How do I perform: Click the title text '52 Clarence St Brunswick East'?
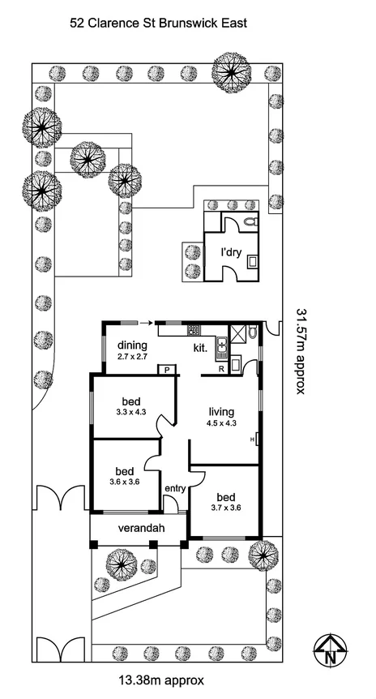point(158,24)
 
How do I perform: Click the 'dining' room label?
point(130,344)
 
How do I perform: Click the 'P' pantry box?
point(167,370)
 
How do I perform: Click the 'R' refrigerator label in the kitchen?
point(221,370)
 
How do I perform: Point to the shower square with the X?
point(238,332)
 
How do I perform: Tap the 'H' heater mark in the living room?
point(253,439)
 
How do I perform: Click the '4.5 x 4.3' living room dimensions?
point(221,422)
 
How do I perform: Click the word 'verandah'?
point(138,529)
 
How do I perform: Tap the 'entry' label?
point(174,488)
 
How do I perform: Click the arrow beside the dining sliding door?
point(143,322)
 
